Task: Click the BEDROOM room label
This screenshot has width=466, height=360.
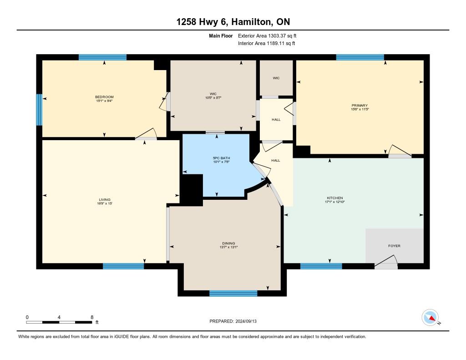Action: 104,97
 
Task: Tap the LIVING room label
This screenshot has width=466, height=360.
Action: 105,200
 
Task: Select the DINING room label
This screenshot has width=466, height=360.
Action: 228,243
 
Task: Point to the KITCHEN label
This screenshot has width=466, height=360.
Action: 335,198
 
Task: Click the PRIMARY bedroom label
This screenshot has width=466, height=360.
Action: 360,105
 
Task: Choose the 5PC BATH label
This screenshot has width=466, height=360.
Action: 222,158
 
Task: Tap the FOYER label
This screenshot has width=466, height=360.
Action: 395,246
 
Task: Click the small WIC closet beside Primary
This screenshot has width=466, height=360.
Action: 276,78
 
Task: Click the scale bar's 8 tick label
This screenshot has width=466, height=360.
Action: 92,317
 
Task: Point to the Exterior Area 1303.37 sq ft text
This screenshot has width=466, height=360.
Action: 267,36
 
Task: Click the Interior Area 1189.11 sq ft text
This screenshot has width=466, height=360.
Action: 267,43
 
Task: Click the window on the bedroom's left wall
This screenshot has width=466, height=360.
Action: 39,110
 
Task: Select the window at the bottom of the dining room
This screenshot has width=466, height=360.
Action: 233,294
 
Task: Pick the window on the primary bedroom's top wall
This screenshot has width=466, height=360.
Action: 360,57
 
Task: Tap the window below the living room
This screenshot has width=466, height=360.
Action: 123,266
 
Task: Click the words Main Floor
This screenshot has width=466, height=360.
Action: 221,36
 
